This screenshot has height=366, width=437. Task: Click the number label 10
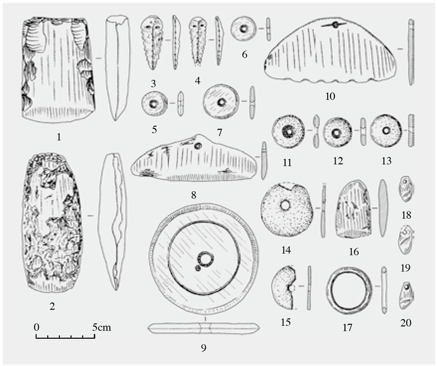(x=330, y=96)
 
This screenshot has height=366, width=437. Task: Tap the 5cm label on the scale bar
(x=101, y=327)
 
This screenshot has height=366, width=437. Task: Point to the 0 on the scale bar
(x=37, y=327)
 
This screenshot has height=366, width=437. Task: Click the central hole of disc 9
(x=206, y=259)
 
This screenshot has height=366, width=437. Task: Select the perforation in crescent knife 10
(x=336, y=25)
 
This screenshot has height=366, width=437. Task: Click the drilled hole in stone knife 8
(x=199, y=145)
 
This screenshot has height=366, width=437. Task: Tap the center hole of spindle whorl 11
(x=288, y=131)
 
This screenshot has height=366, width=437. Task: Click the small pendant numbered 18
(x=406, y=190)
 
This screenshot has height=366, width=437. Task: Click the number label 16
(x=353, y=252)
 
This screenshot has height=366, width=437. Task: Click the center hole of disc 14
(x=286, y=206)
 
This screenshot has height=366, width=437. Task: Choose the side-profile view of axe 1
(x=117, y=68)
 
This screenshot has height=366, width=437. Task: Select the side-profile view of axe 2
(x=113, y=222)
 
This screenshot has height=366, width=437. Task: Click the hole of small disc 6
(x=244, y=28)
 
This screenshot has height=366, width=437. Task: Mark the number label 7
(x=220, y=133)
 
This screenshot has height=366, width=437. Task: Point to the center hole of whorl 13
(x=386, y=130)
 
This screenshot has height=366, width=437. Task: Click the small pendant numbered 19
(x=406, y=240)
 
